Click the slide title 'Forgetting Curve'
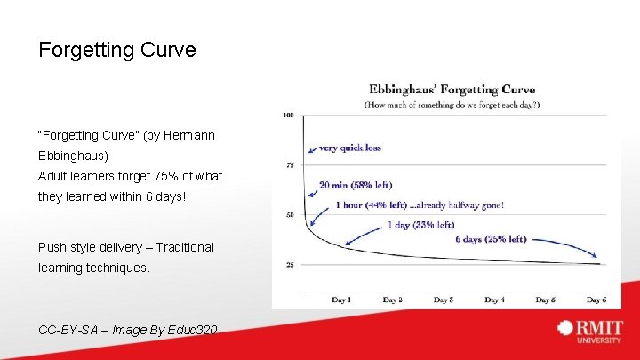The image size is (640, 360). tap(116, 50)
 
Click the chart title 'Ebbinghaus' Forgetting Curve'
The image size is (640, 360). tap(452, 89)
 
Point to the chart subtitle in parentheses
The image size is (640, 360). tap(452, 104)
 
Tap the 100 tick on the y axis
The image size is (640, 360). tap(289, 116)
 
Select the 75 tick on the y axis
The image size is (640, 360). tap(290, 165)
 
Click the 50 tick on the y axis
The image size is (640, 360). tap(290, 215)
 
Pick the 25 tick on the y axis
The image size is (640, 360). tap(290, 265)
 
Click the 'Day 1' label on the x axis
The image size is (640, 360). tap(341, 300)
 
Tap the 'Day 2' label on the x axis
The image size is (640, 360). tap(392, 300)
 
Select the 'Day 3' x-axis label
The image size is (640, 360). tap(444, 300)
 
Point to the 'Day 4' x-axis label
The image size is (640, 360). tap(495, 300)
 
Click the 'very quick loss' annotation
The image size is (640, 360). tap(350, 148)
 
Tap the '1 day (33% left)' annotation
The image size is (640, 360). tap(420, 225)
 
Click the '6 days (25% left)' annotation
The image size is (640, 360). tap(491, 239)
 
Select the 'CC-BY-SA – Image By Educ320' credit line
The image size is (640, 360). tap(128, 330)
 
